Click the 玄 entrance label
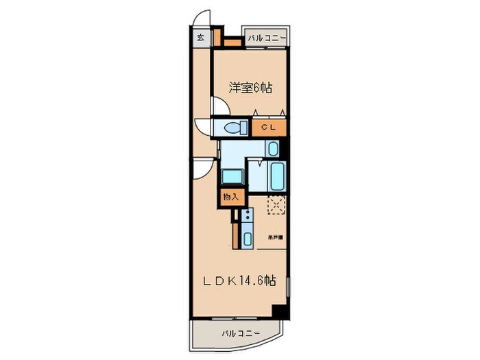(x=201, y=37)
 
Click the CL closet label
(x=268, y=128)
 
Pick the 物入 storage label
(x=230, y=197)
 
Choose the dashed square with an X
(x=277, y=206)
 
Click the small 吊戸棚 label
(x=276, y=237)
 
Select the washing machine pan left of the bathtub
(x=232, y=176)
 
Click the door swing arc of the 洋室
(x=221, y=106)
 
